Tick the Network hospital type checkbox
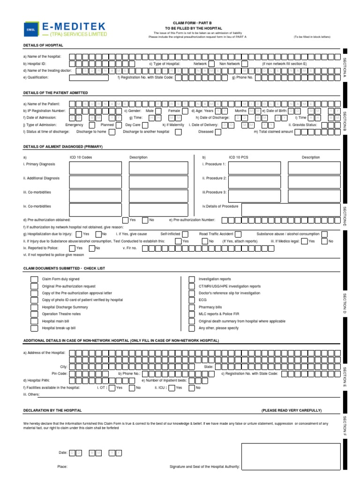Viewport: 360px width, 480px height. (x=211, y=63)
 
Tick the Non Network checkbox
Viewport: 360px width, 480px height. (x=247, y=63)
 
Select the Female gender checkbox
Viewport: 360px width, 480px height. (x=185, y=111)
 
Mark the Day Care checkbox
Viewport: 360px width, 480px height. (x=146, y=125)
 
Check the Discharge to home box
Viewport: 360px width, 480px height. (x=112, y=132)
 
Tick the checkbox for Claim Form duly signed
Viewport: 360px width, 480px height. (x=34, y=279)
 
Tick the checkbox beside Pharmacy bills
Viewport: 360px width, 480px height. (x=192, y=307)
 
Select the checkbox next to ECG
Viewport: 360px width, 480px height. (x=192, y=300)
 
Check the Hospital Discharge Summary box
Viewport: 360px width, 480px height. (x=34, y=307)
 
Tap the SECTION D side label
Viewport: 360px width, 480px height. (x=345, y=303)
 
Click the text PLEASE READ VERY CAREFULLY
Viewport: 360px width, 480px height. (x=292, y=410)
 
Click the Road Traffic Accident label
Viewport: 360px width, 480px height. (x=216, y=233)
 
